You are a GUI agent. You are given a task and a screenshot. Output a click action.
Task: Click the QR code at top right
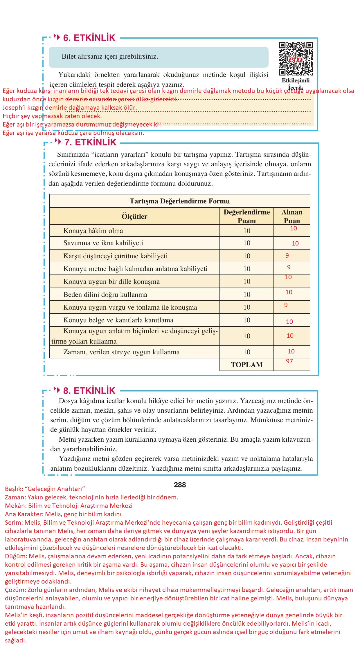pos(296,59)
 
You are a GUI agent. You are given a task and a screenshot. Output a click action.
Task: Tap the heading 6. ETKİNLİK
pos(89,38)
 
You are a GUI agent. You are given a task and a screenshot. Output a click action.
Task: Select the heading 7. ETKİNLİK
pos(90,142)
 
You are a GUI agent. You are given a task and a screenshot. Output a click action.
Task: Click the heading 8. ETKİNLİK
pos(89,391)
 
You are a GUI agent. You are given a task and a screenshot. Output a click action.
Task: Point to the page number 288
pos(180,485)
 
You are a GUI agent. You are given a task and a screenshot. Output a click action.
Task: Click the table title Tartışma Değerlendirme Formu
pos(179,201)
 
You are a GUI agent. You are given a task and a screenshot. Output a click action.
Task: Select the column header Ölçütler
pos(134,216)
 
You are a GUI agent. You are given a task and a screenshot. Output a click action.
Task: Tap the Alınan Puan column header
pos(292,216)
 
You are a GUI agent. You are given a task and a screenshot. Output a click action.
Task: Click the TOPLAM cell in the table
pos(246,365)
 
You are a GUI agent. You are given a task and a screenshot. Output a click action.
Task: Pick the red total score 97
pos(289,361)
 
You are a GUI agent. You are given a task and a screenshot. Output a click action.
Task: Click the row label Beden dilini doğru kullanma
pos(105,295)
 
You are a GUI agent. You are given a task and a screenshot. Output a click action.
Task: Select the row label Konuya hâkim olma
pos(93,231)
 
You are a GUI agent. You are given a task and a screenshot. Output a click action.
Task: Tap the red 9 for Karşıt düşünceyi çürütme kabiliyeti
pos(287,256)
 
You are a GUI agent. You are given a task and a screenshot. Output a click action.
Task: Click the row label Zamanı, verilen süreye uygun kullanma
pos(121,352)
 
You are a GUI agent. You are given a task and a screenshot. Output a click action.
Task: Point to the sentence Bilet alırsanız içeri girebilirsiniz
pos(110,56)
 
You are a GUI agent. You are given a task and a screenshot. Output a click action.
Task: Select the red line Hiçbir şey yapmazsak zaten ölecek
pos(52,116)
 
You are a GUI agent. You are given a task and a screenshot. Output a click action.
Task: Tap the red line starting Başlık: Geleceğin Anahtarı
pos(45,489)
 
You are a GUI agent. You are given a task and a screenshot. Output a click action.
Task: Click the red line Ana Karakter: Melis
pos(63,514)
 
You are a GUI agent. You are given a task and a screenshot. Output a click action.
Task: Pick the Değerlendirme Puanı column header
pos(246,216)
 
